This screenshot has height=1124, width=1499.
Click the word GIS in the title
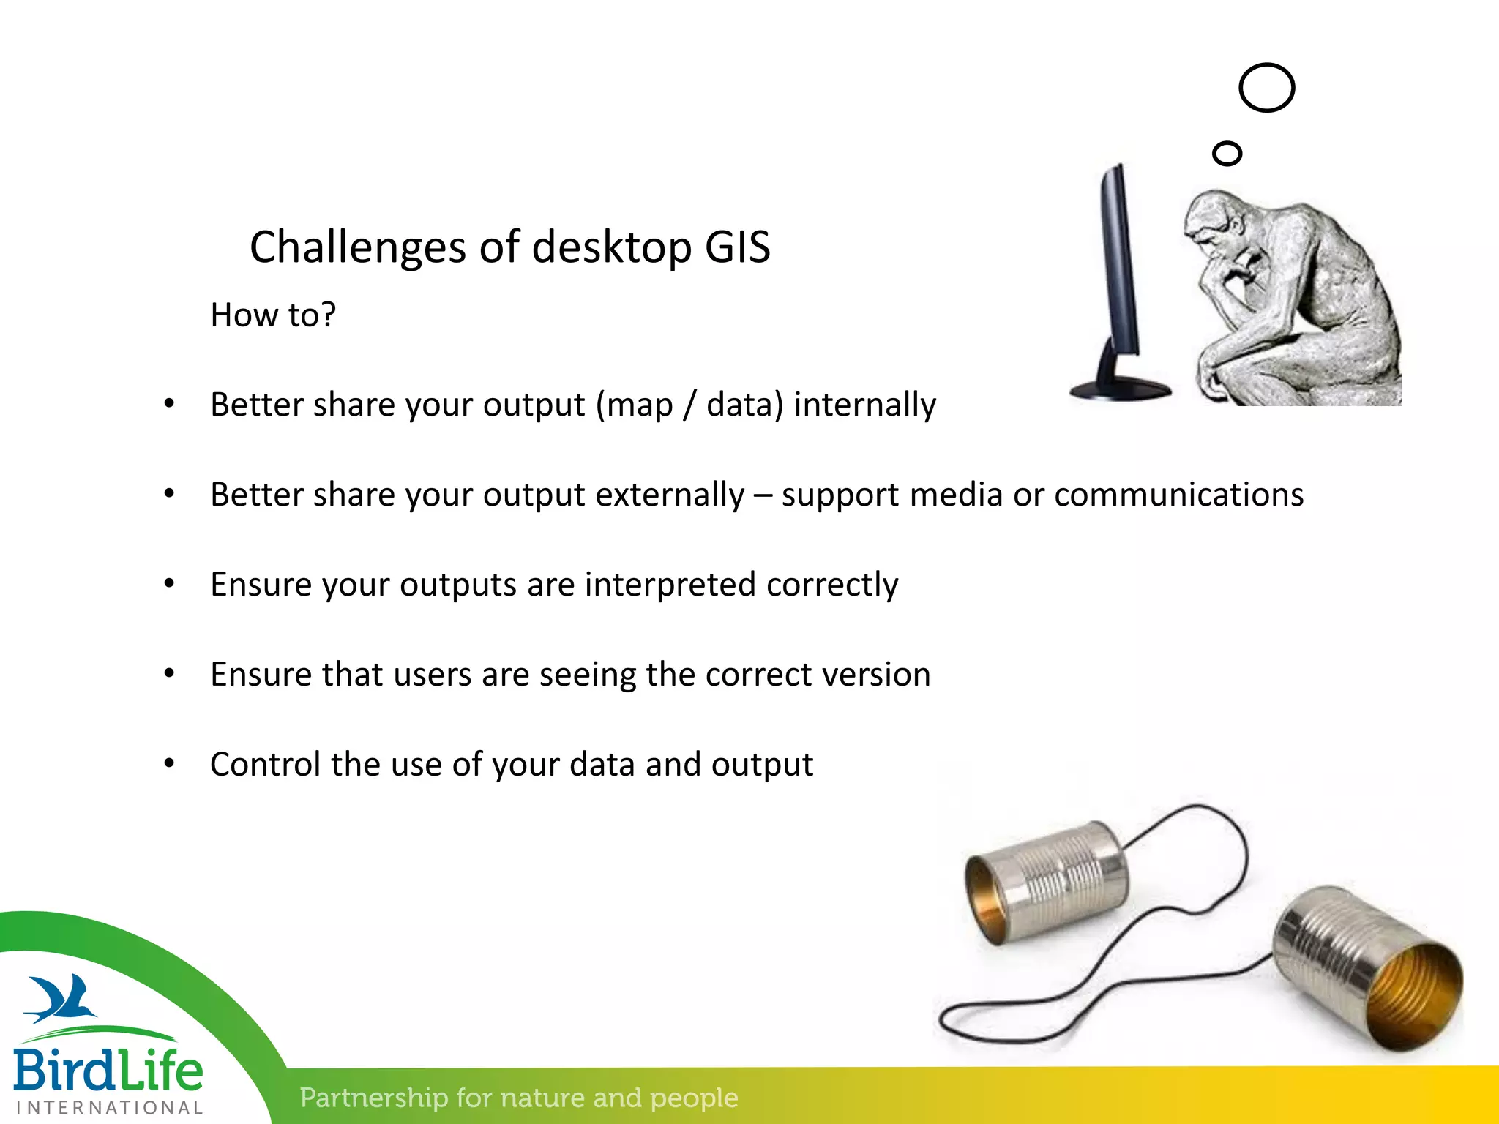(x=737, y=247)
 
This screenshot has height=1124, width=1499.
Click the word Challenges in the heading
(x=357, y=247)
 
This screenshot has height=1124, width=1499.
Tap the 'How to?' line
(x=272, y=315)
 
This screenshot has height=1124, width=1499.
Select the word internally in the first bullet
(x=864, y=405)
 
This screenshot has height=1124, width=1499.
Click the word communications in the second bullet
(x=1178, y=495)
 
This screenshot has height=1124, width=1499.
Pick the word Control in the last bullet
(x=265, y=765)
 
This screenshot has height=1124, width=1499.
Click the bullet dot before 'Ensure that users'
(x=169, y=673)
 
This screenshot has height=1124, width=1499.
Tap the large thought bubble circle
(x=1266, y=88)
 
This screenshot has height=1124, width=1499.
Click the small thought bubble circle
(x=1227, y=154)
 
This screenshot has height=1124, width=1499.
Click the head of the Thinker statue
(x=1215, y=220)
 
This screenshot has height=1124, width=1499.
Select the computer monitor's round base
(x=1120, y=389)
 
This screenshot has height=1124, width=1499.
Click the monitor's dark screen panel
(x=1120, y=263)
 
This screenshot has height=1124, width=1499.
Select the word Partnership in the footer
(x=374, y=1098)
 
